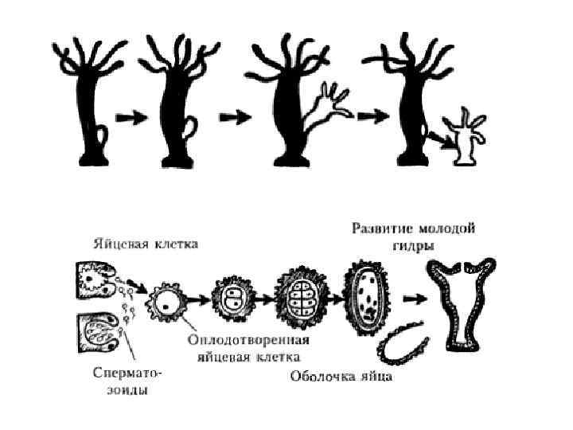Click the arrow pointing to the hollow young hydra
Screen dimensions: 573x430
[x=411, y=299]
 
